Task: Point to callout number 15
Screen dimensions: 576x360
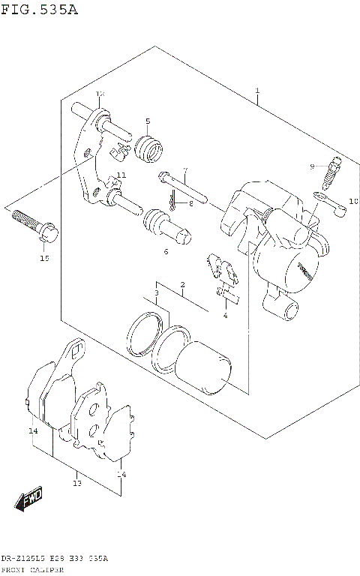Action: point(44,258)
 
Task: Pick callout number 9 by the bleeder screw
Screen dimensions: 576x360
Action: point(313,166)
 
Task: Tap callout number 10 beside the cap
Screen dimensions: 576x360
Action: point(354,201)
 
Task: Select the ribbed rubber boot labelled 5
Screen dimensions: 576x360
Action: point(152,149)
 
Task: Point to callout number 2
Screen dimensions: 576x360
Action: point(181,285)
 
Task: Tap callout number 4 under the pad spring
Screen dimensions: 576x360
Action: point(225,315)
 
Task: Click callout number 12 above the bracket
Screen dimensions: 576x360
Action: point(100,93)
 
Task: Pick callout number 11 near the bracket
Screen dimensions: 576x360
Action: point(121,175)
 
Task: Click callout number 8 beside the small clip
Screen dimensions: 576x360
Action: point(191,202)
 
